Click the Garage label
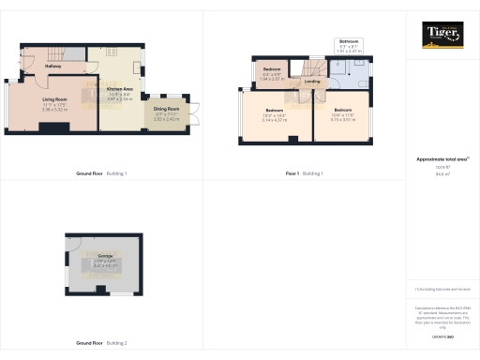pyautogui.click(x=105, y=256)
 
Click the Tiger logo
pyautogui.click(x=441, y=34)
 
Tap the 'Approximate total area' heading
pyautogui.click(x=440, y=159)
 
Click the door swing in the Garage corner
pyautogui.click(x=72, y=242)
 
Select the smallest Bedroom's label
pyautogui.click(x=273, y=70)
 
